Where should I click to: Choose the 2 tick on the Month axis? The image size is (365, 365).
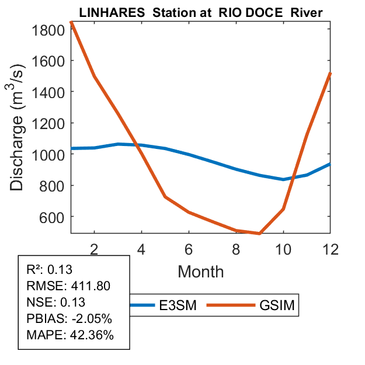tap(94, 249)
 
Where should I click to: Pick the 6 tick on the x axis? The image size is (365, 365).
tap(189, 249)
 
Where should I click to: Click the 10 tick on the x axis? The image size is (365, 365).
tap(283, 249)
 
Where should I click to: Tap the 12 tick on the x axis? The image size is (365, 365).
tap(330, 249)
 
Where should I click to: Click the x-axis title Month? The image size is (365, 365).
tap(200, 272)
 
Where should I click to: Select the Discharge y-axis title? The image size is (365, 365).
tap(19, 137)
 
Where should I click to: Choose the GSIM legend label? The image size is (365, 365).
tap(276, 305)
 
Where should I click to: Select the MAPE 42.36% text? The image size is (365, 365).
tap(71, 335)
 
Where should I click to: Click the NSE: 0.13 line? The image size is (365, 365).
tap(56, 302)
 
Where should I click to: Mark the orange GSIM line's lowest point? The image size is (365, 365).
tap(259, 234)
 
